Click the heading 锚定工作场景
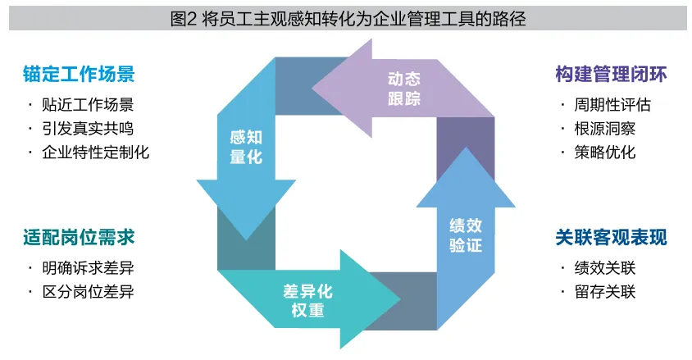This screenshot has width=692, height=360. pos(79,74)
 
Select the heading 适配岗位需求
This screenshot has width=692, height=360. pos(79,237)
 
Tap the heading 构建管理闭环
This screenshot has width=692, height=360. pos(611,74)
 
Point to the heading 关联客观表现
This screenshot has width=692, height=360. pos(611,237)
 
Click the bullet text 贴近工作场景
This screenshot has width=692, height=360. pos(88,105)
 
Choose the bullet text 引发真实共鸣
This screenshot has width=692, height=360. pos(88,129)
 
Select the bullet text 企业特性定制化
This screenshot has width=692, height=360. pos(95,153)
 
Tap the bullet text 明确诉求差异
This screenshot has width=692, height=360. pos(88,268)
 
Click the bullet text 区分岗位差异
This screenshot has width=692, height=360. pos(88,292)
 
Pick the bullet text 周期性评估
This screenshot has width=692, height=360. pos(612,105)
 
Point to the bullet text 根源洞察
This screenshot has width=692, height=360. pos(604,129)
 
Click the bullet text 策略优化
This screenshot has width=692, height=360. pos(604,153)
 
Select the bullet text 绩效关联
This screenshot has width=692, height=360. pos(604,268)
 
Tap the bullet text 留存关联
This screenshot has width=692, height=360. pos(604,292)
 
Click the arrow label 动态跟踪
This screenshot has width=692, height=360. pos(404,89)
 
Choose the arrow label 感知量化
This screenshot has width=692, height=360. pos(246,147)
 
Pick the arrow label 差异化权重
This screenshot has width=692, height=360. pos(307,301)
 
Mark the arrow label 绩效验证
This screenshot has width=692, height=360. pos(466,235)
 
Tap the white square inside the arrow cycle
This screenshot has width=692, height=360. pos(356,194)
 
